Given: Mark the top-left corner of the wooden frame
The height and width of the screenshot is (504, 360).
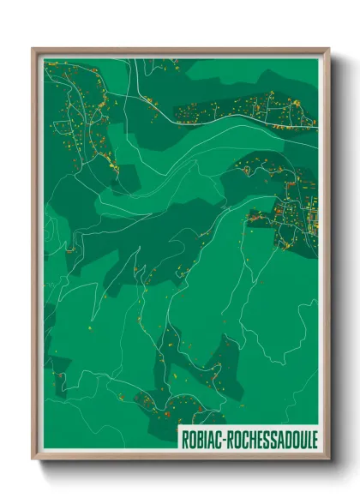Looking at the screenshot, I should (33, 48).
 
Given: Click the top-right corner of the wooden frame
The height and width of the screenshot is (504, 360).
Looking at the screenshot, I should (329, 48).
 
